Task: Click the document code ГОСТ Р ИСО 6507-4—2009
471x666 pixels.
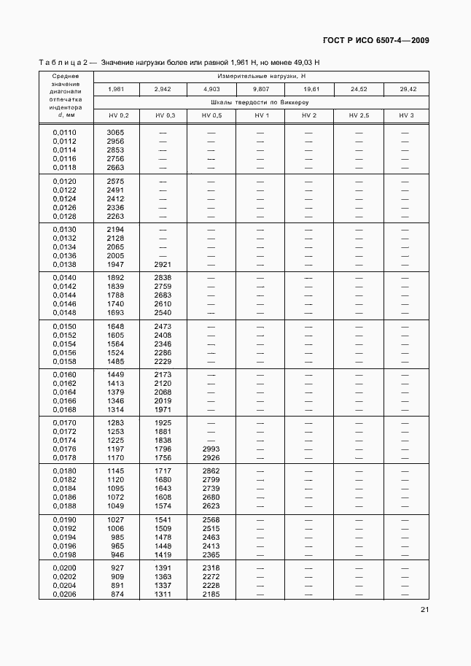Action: pos(374,40)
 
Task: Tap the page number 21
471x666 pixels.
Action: pos(424,611)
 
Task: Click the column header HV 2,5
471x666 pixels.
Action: pos(359,115)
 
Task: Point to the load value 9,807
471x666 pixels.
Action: pos(260,89)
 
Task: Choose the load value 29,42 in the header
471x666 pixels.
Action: pos(407,89)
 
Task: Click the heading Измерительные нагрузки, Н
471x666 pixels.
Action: pos(260,76)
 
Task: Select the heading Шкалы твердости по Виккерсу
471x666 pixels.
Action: pos(260,102)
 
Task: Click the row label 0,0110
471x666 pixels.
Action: pos(66,132)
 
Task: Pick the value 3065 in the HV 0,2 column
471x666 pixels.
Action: pos(115,132)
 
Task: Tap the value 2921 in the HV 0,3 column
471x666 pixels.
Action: pos(163,264)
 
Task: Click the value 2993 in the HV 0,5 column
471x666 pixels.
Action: pos(211,449)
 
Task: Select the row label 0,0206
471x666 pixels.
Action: pos(66,593)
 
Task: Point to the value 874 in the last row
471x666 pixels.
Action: pos(117,593)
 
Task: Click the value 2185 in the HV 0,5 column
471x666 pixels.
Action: pos(211,593)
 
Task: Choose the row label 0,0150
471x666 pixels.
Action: pos(66,325)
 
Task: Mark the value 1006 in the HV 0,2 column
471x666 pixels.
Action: pos(115,528)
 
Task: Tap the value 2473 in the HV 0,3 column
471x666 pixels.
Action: pos(163,325)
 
